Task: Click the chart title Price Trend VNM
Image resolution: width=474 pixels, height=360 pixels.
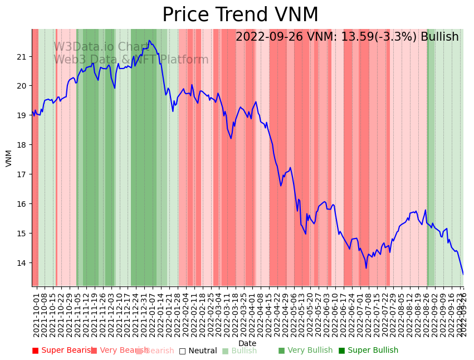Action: coord(240,15)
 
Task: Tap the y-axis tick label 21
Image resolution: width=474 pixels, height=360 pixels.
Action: coord(22,56)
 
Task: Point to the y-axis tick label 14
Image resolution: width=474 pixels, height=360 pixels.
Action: coord(22,263)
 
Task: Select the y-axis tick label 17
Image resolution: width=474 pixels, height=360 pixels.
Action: coord(22,174)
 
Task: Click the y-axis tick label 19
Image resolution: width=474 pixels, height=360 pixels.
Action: coord(22,115)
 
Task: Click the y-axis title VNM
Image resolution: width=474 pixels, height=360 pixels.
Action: coord(9,158)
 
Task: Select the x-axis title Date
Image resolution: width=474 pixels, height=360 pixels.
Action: coord(247,344)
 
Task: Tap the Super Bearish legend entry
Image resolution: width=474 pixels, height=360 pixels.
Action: coord(63,351)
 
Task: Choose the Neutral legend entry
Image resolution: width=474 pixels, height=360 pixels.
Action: coord(198,351)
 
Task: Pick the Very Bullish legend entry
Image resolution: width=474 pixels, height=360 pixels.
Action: coord(305,351)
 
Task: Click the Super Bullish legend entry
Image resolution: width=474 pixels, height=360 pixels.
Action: coord(368,351)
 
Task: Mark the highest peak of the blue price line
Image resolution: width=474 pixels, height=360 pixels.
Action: coord(149,40)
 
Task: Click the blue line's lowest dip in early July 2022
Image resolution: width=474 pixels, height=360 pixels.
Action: coord(367,268)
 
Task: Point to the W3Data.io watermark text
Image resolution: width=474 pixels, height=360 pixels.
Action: coord(100,47)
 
